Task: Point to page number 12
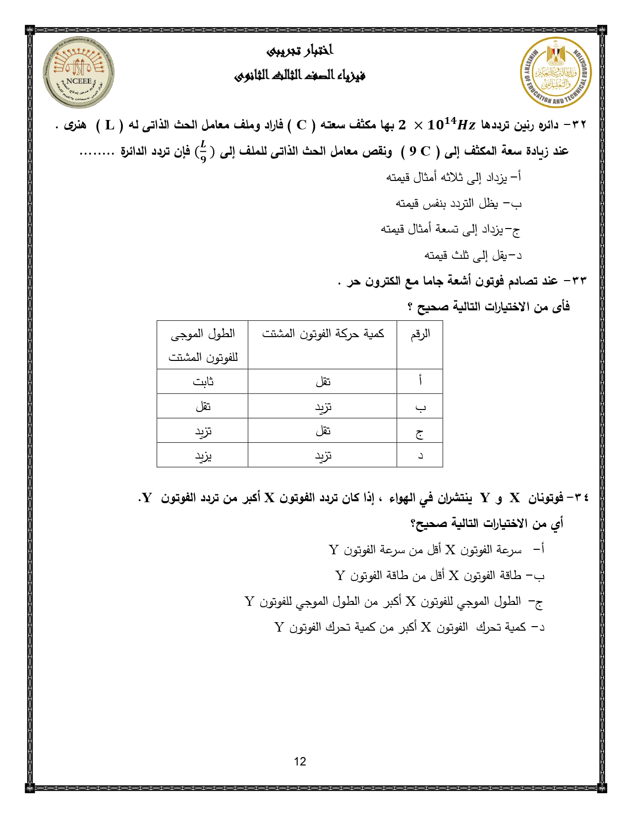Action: tap(300, 761)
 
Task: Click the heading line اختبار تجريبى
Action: tap(300, 51)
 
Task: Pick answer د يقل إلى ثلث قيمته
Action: tap(473, 255)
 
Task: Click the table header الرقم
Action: tap(420, 334)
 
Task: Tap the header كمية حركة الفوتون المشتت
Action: tap(323, 334)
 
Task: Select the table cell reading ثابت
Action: tap(203, 382)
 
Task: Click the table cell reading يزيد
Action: tap(203, 455)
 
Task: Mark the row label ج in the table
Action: tap(419, 431)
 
